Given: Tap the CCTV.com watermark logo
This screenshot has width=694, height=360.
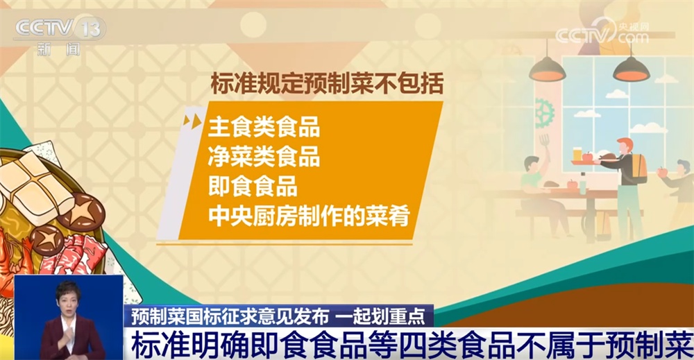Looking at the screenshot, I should [602, 33].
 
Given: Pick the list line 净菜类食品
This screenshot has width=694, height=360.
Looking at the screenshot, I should [264, 157].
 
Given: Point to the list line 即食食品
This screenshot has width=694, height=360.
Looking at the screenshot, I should [252, 186].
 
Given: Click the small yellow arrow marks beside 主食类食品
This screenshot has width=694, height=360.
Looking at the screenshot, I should [192, 121].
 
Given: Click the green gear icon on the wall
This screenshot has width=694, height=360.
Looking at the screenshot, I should [544, 111].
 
